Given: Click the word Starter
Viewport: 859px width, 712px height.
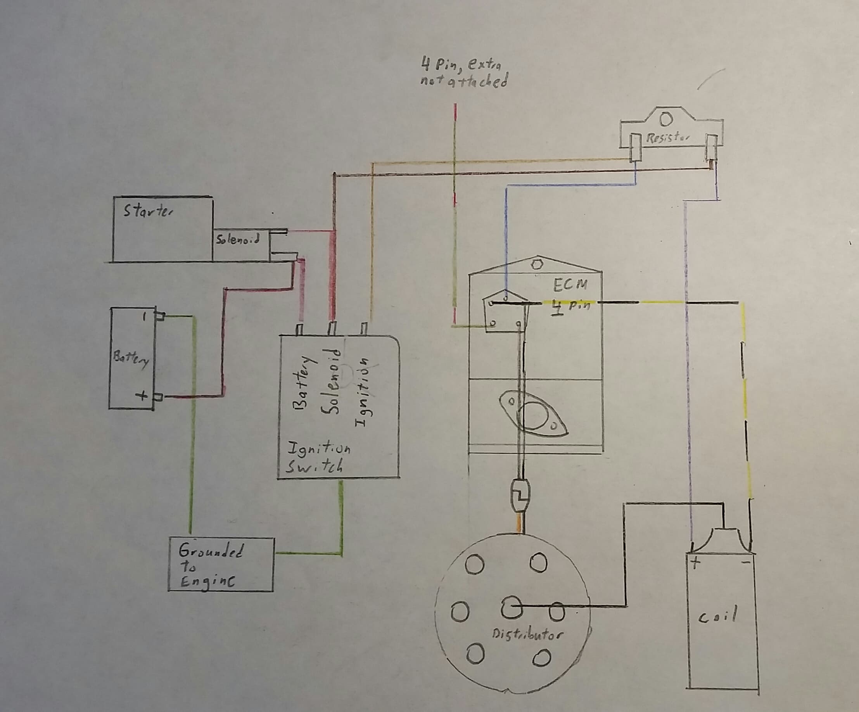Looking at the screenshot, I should (x=148, y=211).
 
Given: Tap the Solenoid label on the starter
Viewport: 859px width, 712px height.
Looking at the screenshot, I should (x=237, y=239).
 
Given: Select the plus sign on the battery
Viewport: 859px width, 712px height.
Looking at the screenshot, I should (x=142, y=396).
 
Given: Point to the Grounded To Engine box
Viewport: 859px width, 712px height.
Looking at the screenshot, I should (x=221, y=564).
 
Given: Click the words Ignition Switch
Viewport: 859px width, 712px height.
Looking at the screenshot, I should (x=317, y=458).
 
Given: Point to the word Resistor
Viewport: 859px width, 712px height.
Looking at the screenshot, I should (x=667, y=138).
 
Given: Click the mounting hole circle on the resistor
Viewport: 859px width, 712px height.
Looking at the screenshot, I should (x=666, y=119).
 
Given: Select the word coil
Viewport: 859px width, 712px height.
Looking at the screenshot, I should (x=717, y=616).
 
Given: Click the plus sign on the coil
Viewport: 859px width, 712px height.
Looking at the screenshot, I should (x=695, y=563).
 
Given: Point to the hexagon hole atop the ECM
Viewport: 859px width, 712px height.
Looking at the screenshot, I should (x=536, y=264).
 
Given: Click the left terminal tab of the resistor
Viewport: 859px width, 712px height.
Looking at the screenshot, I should (x=635, y=147).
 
